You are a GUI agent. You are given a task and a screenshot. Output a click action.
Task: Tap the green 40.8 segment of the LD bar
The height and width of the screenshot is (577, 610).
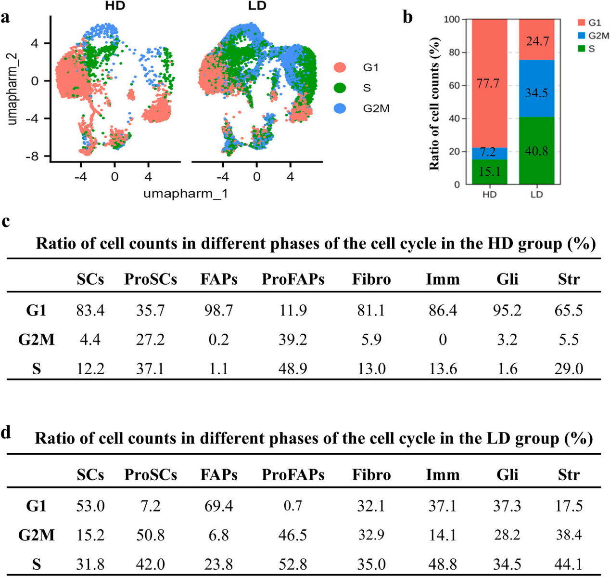pyautogui.click(x=536, y=151)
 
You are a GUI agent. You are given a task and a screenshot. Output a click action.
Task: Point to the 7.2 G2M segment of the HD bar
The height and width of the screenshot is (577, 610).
pyautogui.click(x=489, y=154)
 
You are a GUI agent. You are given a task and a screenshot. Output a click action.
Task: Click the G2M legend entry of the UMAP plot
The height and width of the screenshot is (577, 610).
pyautogui.click(x=361, y=108)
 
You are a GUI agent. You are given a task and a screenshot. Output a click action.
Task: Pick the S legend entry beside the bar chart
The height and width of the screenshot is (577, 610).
pyautogui.click(x=586, y=49)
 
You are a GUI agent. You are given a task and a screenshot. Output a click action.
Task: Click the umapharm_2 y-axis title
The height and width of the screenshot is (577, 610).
pyautogui.click(x=13, y=89)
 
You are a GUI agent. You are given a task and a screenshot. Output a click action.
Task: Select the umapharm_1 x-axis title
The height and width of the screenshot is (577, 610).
pyautogui.click(x=186, y=194)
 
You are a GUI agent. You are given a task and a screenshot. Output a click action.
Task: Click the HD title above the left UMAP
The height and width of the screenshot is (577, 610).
pyautogui.click(x=115, y=6)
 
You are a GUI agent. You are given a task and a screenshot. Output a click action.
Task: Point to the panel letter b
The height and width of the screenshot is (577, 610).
pyautogui.click(x=407, y=17)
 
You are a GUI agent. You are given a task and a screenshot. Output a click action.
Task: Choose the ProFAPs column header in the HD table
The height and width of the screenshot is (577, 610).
pyautogui.click(x=292, y=279)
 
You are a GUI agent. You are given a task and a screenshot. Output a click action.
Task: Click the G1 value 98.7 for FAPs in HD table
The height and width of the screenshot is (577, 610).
pyautogui.click(x=219, y=310)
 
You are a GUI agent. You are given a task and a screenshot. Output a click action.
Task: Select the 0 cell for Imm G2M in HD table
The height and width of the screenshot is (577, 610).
pyautogui.click(x=443, y=340)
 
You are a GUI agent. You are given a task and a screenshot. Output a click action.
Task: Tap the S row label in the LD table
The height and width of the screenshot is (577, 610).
pyautogui.click(x=36, y=564)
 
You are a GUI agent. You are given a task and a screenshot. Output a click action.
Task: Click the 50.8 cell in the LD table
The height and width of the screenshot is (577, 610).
pyautogui.click(x=151, y=535)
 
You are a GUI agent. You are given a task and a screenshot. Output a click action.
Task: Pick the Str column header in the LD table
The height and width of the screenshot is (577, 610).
pyautogui.click(x=569, y=474)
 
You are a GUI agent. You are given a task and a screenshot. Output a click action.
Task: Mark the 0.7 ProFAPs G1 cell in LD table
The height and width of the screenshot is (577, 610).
pyautogui.click(x=292, y=506)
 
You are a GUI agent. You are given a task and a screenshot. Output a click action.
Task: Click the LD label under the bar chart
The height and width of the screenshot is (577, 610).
pyautogui.click(x=536, y=195)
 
